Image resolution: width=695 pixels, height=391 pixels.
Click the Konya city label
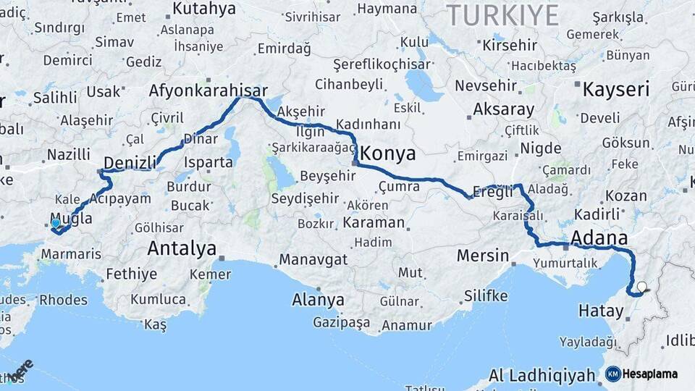(x=388, y=154)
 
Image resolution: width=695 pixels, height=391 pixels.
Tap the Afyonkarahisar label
(x=208, y=91)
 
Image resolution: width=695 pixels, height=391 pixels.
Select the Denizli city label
(x=130, y=162)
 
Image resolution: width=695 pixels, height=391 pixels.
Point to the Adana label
(x=599, y=238)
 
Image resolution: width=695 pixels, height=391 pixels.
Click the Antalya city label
(x=182, y=249)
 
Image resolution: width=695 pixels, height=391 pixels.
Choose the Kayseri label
(x=616, y=89)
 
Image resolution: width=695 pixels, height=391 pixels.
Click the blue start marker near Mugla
(x=56, y=224)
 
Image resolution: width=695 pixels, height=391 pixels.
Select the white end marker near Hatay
(x=641, y=287)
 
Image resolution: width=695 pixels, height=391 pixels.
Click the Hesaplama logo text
(x=650, y=374)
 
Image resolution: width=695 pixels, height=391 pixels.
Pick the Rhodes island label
(x=63, y=299)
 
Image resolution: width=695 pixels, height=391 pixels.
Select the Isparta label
(x=208, y=162)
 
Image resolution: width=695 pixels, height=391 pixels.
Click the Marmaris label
(x=71, y=254)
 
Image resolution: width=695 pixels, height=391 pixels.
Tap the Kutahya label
(x=204, y=9)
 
